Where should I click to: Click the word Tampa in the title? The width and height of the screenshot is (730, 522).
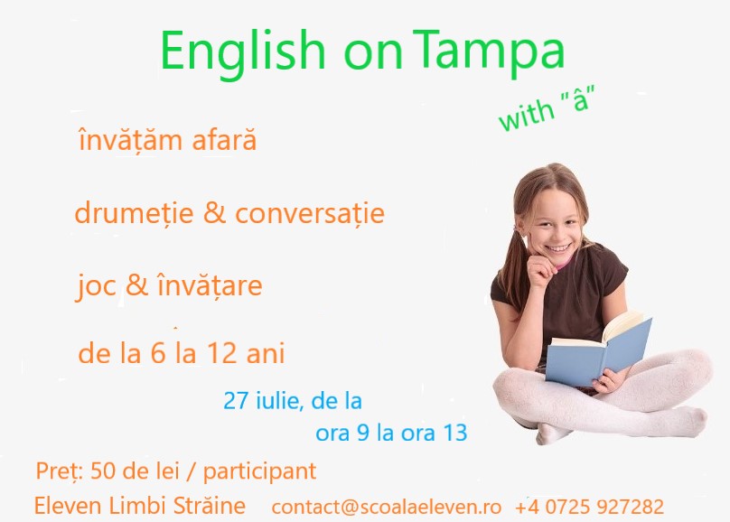coord(489,51)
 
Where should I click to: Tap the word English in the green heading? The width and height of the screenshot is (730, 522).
coord(242,52)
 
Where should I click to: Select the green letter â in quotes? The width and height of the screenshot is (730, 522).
coord(581,99)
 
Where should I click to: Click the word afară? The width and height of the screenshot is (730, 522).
coord(224,140)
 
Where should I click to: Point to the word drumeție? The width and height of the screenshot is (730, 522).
coord(134,213)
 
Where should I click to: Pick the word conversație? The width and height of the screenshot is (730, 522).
coord(310,213)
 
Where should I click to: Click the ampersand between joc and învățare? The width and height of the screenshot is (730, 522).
coord(137,284)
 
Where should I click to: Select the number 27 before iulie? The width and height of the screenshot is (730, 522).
coord(236,401)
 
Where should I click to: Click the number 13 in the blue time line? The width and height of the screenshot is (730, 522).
coord(455,433)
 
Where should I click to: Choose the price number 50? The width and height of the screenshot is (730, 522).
coord(102,471)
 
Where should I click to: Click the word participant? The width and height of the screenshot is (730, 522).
coord(260,472)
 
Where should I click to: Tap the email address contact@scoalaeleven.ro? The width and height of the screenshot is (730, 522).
coord(387,507)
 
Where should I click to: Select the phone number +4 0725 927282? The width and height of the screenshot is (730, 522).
coord(589,506)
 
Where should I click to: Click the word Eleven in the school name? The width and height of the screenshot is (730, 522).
coord(68,506)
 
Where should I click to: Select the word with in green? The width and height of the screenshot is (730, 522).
coord(526,115)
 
